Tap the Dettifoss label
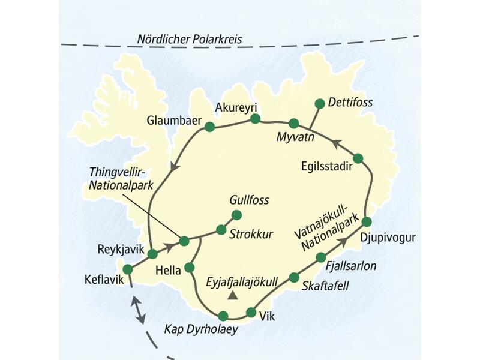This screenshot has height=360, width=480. coord(350,103)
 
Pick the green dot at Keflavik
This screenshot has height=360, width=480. coord(127,269)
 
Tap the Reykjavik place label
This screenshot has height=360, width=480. coord(120,248)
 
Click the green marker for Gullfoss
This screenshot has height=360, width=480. coord(236,215)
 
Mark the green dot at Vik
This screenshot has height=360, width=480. coord(251,313)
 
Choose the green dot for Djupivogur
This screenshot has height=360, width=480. coord(367,222)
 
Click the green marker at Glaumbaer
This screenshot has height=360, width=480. coord(209,127)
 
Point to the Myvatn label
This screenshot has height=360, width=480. coord(292,137)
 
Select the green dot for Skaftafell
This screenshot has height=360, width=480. coord(294,277)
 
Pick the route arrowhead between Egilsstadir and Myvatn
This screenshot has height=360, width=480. coord(336,143)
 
